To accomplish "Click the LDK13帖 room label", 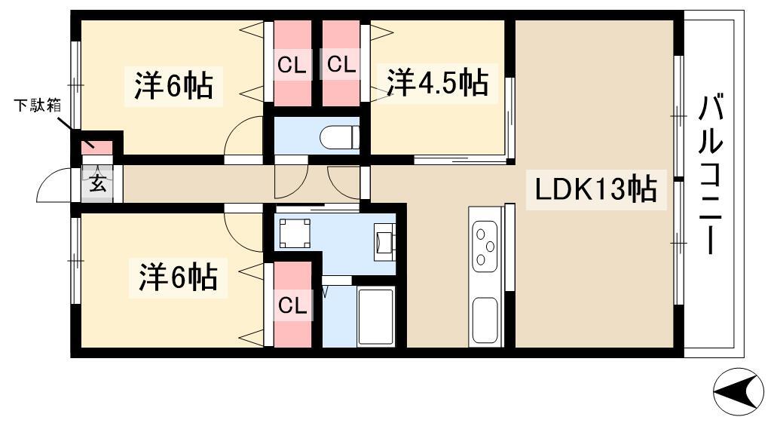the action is tap(595, 189).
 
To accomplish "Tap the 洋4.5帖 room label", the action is tap(437, 83).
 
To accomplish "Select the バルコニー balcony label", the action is tap(711, 175).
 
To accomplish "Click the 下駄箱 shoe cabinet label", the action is tap(37, 106).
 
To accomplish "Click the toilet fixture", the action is tap(339, 137).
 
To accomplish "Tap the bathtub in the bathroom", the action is tap(376, 317).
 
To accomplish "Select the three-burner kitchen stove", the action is tap(485, 246).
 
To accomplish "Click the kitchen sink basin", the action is tap(485, 320).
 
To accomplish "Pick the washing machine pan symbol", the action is tap(295, 233).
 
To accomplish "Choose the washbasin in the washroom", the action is tap(384, 242).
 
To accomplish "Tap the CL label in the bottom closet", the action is tap(292, 305).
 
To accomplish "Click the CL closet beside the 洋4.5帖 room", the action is tap(341, 63).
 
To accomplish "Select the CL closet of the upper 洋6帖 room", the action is tap(292, 63).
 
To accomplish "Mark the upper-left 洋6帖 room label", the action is tap(173, 86).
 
